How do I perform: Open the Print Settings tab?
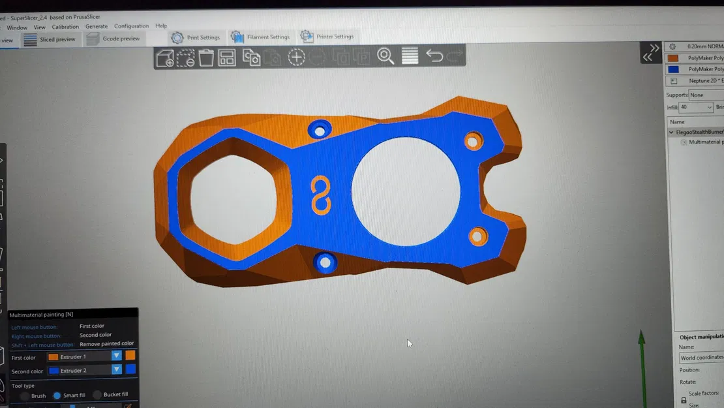click(x=196, y=37)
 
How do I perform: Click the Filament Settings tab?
click(x=260, y=37)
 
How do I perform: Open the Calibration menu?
click(x=65, y=27)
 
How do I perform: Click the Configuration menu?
click(x=131, y=26)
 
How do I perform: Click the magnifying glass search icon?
click(x=385, y=57)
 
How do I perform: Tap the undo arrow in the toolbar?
click(x=434, y=56)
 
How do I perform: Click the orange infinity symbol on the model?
click(x=320, y=195)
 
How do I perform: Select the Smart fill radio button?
click(x=57, y=395)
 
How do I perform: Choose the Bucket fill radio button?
click(x=97, y=394)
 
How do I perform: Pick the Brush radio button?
click(x=25, y=396)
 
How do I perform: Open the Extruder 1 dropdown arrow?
click(x=116, y=356)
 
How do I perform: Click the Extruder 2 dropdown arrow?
click(x=116, y=369)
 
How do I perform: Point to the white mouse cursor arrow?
click(x=410, y=343)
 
